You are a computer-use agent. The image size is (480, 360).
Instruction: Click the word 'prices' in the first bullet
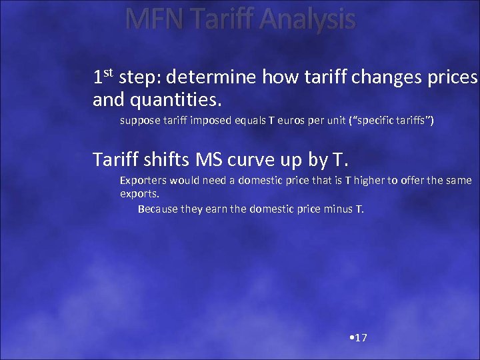click(x=456, y=78)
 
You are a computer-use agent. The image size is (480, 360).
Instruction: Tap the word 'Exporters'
click(x=143, y=180)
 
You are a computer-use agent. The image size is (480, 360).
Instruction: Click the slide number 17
click(x=361, y=338)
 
